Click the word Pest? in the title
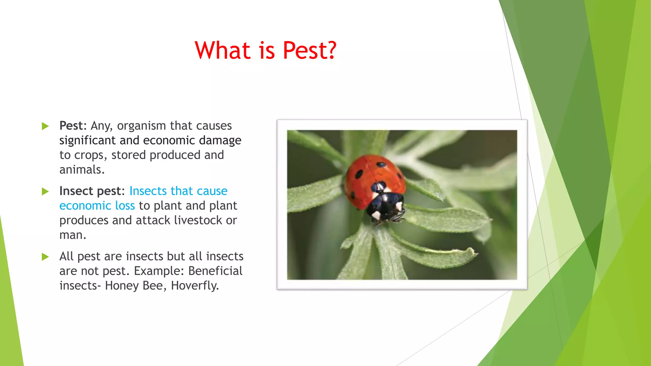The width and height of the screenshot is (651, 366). coord(309,51)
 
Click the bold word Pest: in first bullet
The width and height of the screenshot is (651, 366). coord(73,126)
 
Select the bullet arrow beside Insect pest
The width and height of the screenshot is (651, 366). coord(45,191)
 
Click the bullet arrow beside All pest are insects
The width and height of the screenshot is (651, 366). coord(45,257)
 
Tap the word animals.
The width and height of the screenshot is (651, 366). coord(82,170)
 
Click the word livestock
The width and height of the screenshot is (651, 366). coord(198,220)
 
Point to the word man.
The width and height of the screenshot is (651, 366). coord(72,235)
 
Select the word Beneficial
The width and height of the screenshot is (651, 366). coord(215,271)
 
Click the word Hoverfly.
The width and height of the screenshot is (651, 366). coord(195,286)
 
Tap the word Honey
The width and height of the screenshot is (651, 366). coord(122,286)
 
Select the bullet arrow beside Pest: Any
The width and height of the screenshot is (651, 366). coord(45,126)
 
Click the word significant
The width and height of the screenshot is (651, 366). coord(87,141)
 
